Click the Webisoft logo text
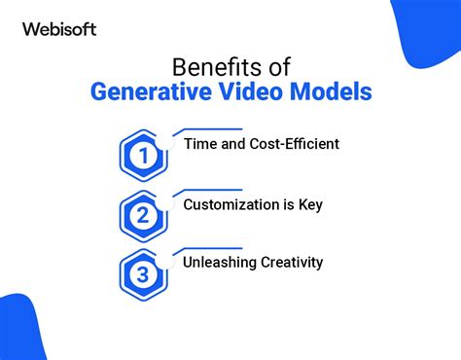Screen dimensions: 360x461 (59, 29)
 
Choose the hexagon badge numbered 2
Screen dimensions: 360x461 (144, 216)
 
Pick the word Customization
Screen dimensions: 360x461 (233, 204)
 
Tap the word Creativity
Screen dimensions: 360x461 (295, 262)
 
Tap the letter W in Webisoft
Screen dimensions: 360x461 (29, 29)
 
